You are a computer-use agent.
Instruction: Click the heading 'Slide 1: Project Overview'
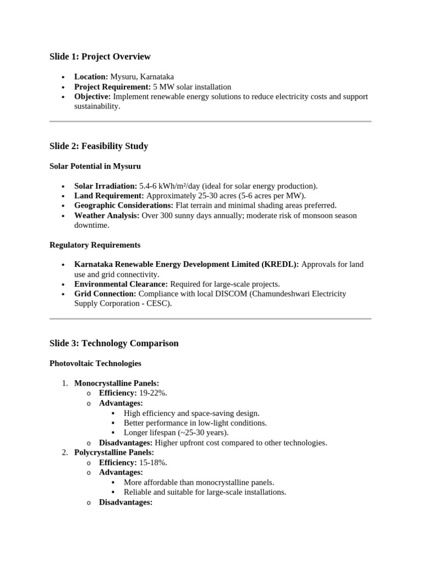point(100,57)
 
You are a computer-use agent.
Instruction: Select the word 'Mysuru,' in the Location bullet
point(124,77)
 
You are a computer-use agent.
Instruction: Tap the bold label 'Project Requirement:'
point(112,87)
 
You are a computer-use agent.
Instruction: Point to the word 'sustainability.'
point(97,106)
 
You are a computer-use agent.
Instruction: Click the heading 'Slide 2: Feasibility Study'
point(99,146)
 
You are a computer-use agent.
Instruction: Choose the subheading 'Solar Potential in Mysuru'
point(95,166)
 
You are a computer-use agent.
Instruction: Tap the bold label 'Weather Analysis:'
point(107,216)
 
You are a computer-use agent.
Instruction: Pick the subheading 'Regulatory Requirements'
point(95,245)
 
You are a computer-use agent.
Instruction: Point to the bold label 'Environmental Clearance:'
point(121,284)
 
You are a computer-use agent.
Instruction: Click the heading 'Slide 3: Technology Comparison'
point(114,344)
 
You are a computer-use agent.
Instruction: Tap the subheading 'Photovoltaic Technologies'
point(95,363)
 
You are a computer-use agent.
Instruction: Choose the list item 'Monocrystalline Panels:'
point(117,383)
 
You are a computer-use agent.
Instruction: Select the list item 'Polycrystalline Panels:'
point(114,453)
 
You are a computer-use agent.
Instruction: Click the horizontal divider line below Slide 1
point(210,122)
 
